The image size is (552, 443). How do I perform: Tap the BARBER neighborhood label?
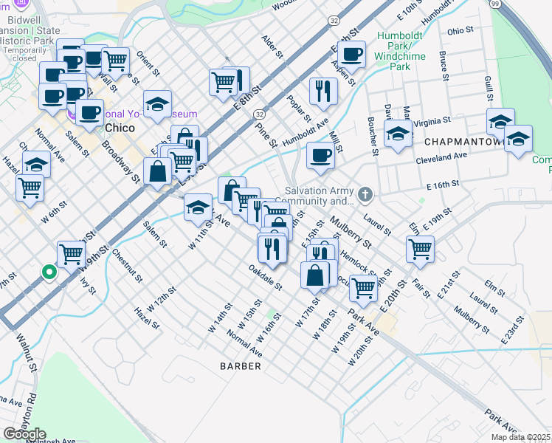pyautogui.click(x=241, y=366)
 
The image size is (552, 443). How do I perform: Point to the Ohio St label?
pyautogui.click(x=459, y=31)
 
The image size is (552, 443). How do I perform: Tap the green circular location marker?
pyautogui.click(x=49, y=272)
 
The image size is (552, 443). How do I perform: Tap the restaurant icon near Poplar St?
pyautogui.click(x=323, y=90)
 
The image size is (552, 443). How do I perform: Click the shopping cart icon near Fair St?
pyautogui.click(x=420, y=248)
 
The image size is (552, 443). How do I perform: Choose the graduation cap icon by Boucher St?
pyautogui.click(x=398, y=134)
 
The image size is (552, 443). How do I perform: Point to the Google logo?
pyautogui.click(x=24, y=434)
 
